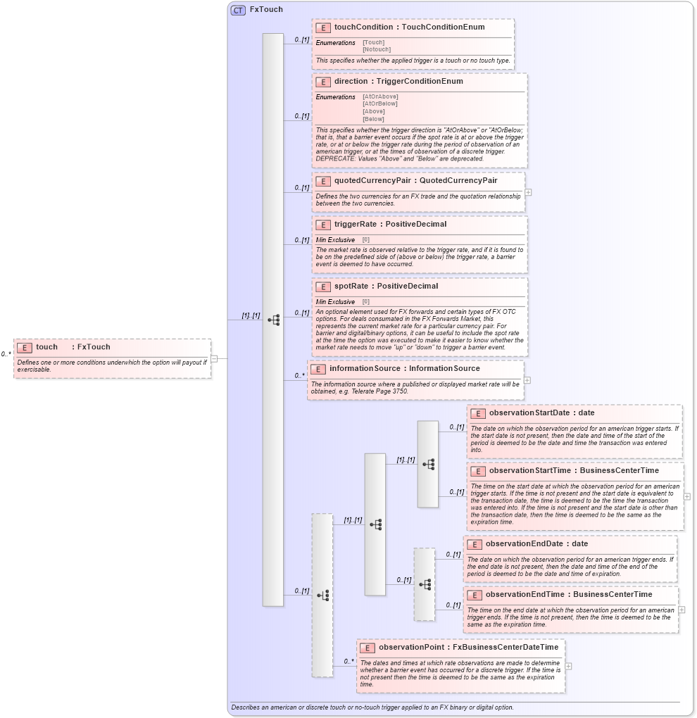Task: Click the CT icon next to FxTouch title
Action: pyautogui.click(x=238, y=10)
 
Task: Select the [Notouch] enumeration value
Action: pyautogui.click(x=377, y=49)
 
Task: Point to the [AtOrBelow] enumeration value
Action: pyautogui.click(x=380, y=103)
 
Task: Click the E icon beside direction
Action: pyautogui.click(x=323, y=82)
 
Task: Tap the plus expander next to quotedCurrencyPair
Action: pyautogui.click(x=528, y=191)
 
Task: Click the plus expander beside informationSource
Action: pyautogui.click(x=527, y=380)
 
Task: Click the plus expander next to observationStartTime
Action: pyautogui.click(x=687, y=496)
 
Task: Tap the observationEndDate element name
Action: pyautogui.click(x=526, y=544)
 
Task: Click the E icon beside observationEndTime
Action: pyautogui.click(x=475, y=595)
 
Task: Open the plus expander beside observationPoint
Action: pyautogui.click(x=568, y=666)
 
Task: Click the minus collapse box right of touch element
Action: pyautogui.click(x=214, y=358)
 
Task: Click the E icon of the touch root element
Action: pyautogui.click(x=25, y=347)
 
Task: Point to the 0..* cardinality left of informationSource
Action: pyautogui.click(x=300, y=375)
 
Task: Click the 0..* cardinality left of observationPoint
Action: pyautogui.click(x=348, y=661)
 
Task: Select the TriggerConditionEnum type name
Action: pyautogui.click(x=420, y=82)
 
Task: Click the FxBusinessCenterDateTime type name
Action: pyautogui.click(x=506, y=647)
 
